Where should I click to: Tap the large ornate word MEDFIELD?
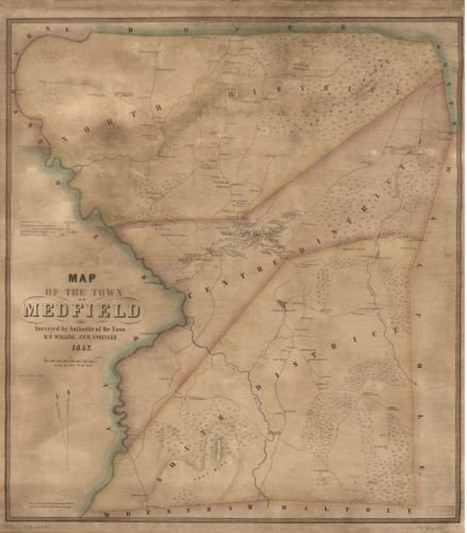(82, 310)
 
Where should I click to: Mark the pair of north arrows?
(63, 428)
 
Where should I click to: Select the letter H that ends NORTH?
(158, 107)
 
